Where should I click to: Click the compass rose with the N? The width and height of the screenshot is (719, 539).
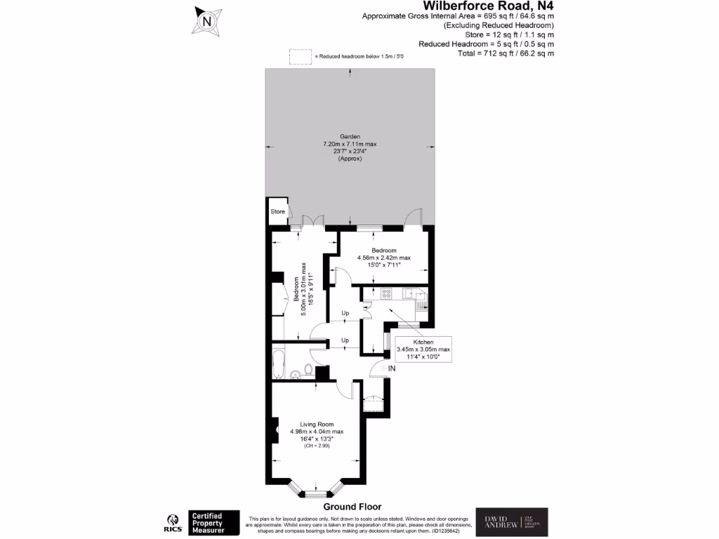pyautogui.click(x=206, y=20)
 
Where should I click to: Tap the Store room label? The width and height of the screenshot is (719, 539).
pyautogui.click(x=277, y=211)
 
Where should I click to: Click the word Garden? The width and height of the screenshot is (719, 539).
pyautogui.click(x=350, y=137)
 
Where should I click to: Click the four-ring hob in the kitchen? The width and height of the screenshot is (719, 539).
pyautogui.click(x=385, y=293)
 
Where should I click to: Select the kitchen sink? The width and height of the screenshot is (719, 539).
pyautogui.click(x=421, y=303)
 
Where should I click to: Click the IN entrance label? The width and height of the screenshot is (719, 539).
pyautogui.click(x=391, y=368)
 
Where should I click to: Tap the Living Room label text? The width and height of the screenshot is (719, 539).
pyautogui.click(x=317, y=424)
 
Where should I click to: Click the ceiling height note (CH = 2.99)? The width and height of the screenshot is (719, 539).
pyautogui.click(x=317, y=446)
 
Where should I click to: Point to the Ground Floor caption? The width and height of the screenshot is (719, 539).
pyautogui.click(x=352, y=507)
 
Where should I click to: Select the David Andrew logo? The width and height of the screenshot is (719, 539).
pyautogui.click(x=511, y=523)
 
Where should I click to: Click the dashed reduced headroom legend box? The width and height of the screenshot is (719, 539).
pyautogui.click(x=300, y=56)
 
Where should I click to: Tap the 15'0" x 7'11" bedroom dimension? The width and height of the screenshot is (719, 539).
pyautogui.click(x=384, y=265)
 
